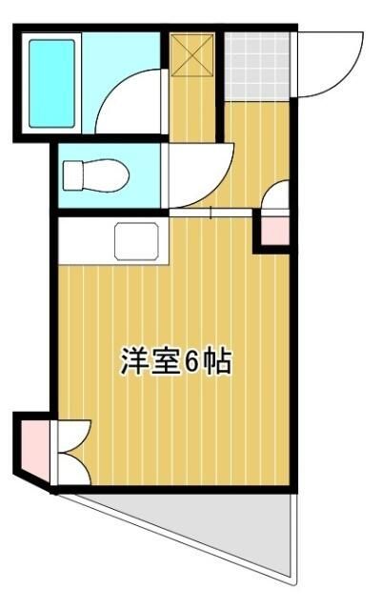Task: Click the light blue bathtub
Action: [x=51, y=83]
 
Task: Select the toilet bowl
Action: [x=104, y=175]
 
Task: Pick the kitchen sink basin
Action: [x=141, y=241]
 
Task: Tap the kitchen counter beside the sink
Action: [x=86, y=241]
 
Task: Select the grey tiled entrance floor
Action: [x=256, y=64]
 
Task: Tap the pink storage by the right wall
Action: [x=272, y=230]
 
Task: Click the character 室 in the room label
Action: [x=164, y=361]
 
